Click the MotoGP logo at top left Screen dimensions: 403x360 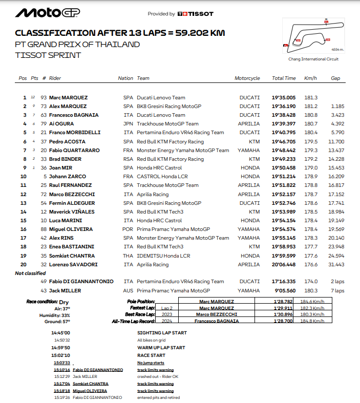pyautogui.click(x=48, y=13)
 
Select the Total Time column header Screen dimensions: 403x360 pyautogui.click(x=284, y=78)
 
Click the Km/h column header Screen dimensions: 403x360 pyautogui.click(x=310, y=78)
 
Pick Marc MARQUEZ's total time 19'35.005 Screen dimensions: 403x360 pyautogui.click(x=284, y=98)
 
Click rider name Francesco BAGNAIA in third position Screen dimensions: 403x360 pyautogui.click(x=74, y=115)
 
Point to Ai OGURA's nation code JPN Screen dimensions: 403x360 pyautogui.click(x=128, y=124)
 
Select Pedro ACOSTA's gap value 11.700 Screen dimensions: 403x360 pyautogui.click(x=336, y=141)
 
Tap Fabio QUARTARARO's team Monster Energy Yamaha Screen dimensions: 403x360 pyautogui.click(x=183, y=151)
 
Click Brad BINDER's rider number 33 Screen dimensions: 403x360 pyautogui.click(x=44, y=159)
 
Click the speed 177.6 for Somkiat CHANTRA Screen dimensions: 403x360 pyautogui.click(x=310, y=256)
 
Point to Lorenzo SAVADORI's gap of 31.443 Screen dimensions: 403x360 pyautogui.click(x=336, y=264)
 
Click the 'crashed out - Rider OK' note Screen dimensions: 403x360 pyautogui.click(x=158, y=376)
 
